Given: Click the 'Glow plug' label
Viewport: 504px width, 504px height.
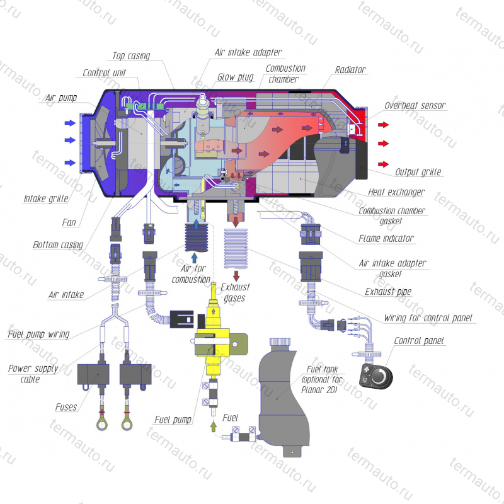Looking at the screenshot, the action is [235, 77].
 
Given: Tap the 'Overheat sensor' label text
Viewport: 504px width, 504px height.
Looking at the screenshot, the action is [415, 105].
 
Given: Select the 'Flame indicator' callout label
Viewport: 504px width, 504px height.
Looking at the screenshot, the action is [386, 239].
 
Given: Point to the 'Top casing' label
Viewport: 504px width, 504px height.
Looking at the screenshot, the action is [131, 56].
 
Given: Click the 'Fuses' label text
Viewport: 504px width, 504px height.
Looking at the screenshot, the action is [66, 407].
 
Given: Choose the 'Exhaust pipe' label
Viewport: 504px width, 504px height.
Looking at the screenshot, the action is [388, 292].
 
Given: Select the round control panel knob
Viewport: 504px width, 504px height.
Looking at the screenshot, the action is [379, 376].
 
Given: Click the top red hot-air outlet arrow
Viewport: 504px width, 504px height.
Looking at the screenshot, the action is [383, 125].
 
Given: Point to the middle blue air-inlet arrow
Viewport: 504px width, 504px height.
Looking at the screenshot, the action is [70, 140].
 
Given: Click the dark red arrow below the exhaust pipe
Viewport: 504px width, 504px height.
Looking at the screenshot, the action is [236, 276].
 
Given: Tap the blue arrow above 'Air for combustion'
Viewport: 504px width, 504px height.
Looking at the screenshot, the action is [194, 258].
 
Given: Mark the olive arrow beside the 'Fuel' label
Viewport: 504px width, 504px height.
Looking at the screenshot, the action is [213, 427].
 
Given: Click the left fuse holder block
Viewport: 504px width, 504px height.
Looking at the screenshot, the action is [93, 374].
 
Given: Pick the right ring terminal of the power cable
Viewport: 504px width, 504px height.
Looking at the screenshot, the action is [127, 425].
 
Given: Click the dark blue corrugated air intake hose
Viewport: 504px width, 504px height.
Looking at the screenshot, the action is [197, 238].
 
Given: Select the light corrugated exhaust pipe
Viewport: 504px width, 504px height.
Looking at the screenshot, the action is [236, 248].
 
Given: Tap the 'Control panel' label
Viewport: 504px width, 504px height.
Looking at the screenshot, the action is [418, 341].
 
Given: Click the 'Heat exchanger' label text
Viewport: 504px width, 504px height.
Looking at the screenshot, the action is [396, 192].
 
